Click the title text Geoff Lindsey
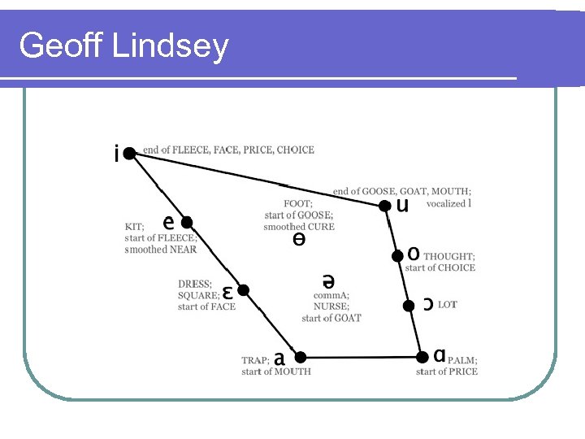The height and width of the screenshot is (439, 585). (x=123, y=46)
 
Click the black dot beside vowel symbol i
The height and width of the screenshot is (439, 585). (x=130, y=153)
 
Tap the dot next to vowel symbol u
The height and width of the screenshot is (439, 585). (x=384, y=206)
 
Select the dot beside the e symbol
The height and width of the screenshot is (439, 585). (x=186, y=222)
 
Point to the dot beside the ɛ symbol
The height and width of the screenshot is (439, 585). (x=241, y=290)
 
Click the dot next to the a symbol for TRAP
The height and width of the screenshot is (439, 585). (x=300, y=357)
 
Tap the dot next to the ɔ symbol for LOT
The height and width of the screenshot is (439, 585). (x=409, y=306)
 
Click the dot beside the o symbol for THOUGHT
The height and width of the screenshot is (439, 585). (x=396, y=256)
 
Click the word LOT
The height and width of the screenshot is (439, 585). (x=448, y=305)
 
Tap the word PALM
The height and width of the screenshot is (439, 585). (x=461, y=360)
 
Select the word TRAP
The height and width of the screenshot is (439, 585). (x=255, y=360)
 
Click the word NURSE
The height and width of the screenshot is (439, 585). (x=331, y=306)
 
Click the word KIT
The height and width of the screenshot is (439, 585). (x=134, y=227)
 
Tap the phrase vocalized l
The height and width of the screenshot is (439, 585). (x=448, y=203)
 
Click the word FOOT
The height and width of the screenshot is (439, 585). (x=297, y=204)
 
